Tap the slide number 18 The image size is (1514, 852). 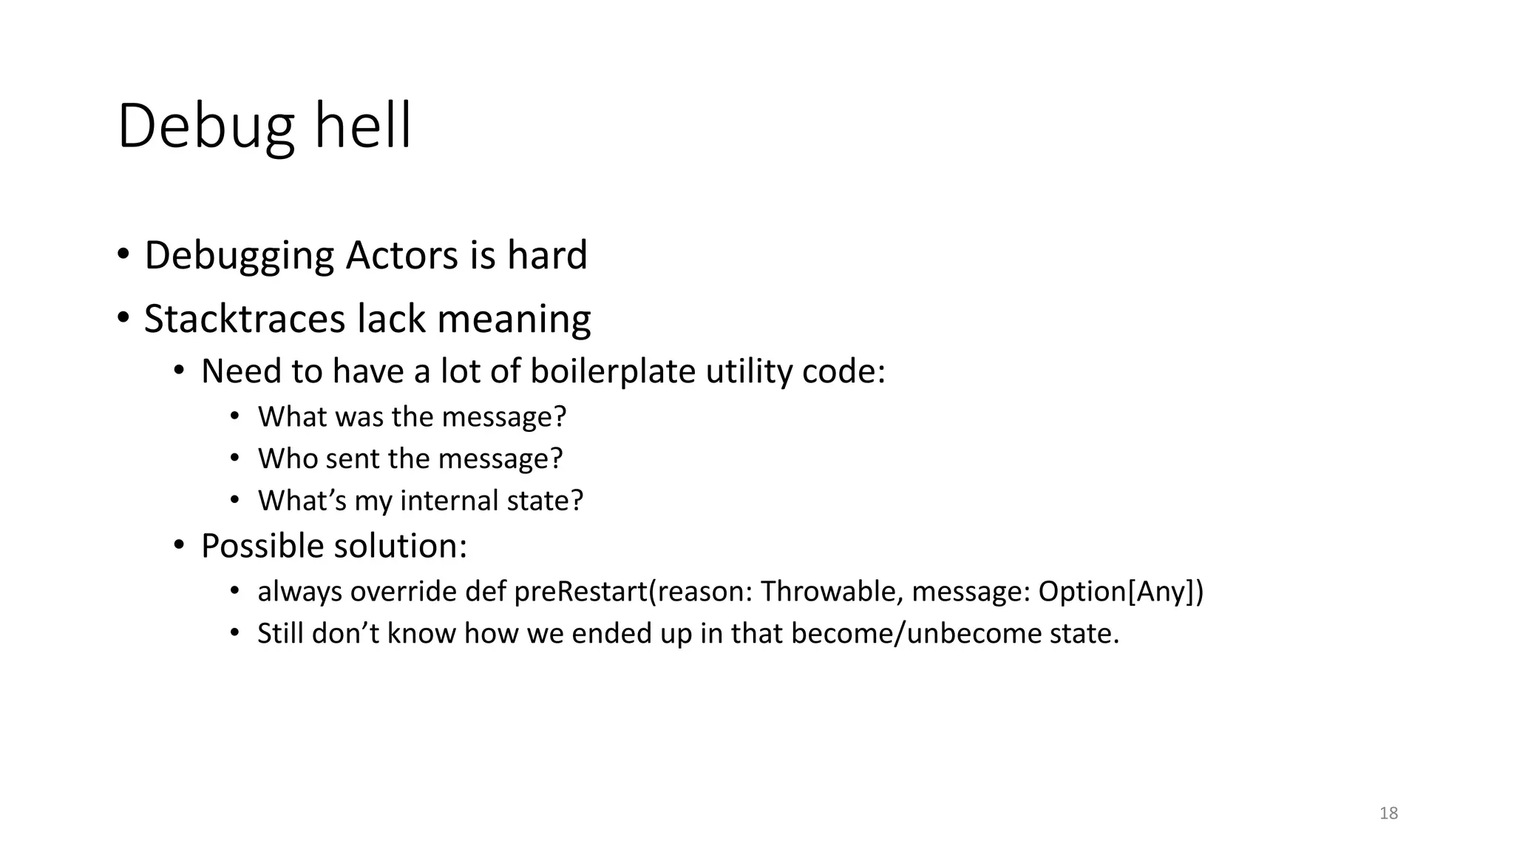[1388, 814]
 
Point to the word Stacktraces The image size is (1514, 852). [245, 319]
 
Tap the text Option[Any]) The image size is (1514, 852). [1121, 592]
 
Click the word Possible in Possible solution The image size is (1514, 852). [262, 546]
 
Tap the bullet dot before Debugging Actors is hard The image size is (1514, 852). [123, 255]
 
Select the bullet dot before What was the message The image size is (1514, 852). [234, 417]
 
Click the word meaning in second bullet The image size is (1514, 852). [514, 319]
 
